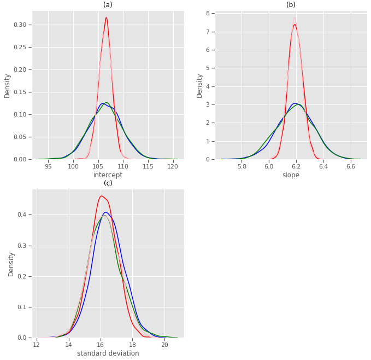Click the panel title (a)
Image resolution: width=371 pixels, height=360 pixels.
point(108,5)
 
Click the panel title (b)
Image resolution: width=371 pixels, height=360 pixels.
point(291,5)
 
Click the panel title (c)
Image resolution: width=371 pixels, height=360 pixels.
point(108,183)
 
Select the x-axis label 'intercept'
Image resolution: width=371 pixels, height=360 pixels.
point(108,175)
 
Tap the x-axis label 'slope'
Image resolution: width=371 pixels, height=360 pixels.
point(291,175)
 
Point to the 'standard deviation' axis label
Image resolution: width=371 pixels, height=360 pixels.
point(108,353)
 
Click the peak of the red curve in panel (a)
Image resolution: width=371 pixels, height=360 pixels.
point(106,18)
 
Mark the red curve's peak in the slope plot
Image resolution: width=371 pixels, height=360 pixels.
point(295,25)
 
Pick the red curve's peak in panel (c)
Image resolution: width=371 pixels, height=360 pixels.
point(102,196)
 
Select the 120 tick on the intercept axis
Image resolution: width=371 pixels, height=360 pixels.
point(173,166)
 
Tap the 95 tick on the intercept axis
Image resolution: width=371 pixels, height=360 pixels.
point(48,166)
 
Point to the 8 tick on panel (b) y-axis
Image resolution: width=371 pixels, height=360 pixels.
point(209,13)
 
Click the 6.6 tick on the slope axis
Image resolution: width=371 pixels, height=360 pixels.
point(351,166)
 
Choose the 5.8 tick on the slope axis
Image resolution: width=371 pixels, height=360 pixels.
point(242,166)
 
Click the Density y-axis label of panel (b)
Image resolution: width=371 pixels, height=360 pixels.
point(200,85)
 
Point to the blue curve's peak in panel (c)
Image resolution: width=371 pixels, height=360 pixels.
point(106,212)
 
